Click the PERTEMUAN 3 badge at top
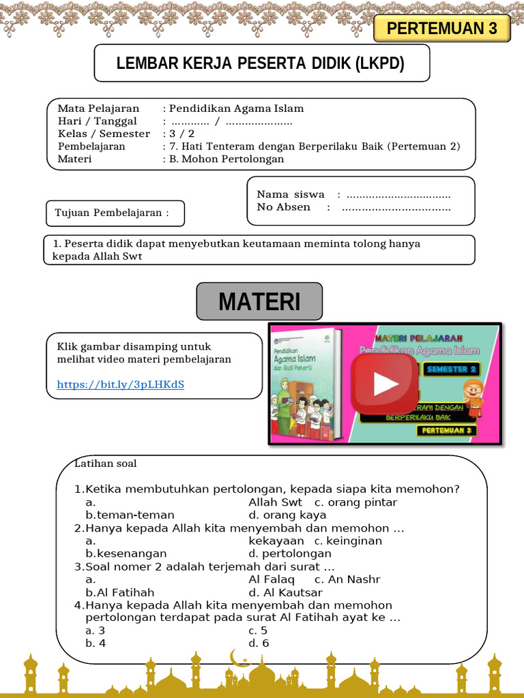click(441, 29)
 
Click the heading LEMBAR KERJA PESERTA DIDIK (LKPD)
click(261, 63)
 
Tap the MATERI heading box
click(259, 301)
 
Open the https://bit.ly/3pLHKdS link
click(121, 384)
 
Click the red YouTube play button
click(385, 384)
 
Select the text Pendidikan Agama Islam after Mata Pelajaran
click(236, 108)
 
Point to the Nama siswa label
click(291, 194)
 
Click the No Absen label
click(284, 207)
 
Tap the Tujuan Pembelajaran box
click(115, 213)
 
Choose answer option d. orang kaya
click(287, 515)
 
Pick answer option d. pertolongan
click(290, 553)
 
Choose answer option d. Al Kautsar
click(285, 592)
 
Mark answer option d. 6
click(259, 643)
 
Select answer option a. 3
click(96, 631)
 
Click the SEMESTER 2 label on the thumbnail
click(452, 369)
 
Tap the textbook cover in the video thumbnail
click(305, 384)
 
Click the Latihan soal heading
click(106, 464)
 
